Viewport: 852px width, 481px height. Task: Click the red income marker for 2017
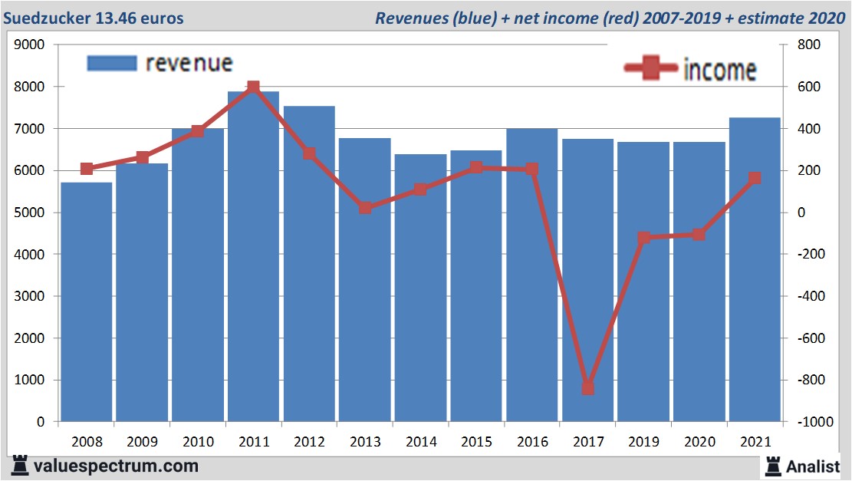point(587,388)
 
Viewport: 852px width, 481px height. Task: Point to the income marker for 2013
point(365,208)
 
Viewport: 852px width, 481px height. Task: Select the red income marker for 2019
point(643,238)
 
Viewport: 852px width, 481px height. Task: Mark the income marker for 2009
point(143,157)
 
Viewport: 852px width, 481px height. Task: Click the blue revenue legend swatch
point(112,63)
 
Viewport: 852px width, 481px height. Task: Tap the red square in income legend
point(651,70)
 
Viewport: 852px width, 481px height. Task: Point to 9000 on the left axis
point(30,45)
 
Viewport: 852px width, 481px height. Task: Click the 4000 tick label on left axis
point(30,255)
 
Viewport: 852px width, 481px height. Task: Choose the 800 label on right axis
point(808,45)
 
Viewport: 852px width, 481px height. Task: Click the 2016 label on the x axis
point(532,442)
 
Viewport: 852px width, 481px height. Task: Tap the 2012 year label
point(309,442)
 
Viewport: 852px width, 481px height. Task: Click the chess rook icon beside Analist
point(772,466)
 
